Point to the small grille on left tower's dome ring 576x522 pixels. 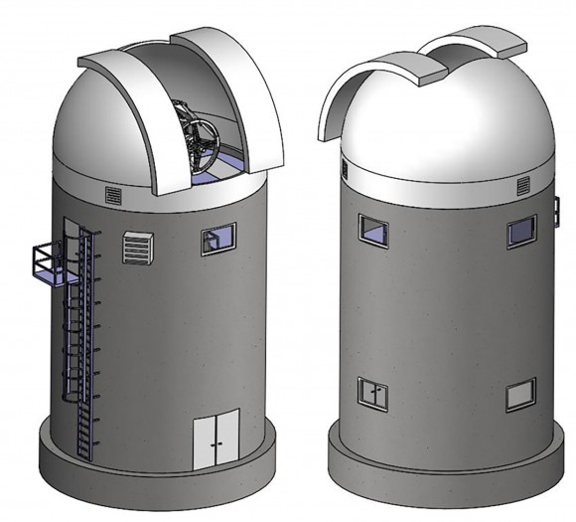click(x=111, y=192)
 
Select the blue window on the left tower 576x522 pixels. click(x=216, y=239)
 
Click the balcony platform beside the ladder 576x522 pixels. click(x=45, y=263)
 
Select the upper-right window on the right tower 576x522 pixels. click(x=521, y=231)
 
